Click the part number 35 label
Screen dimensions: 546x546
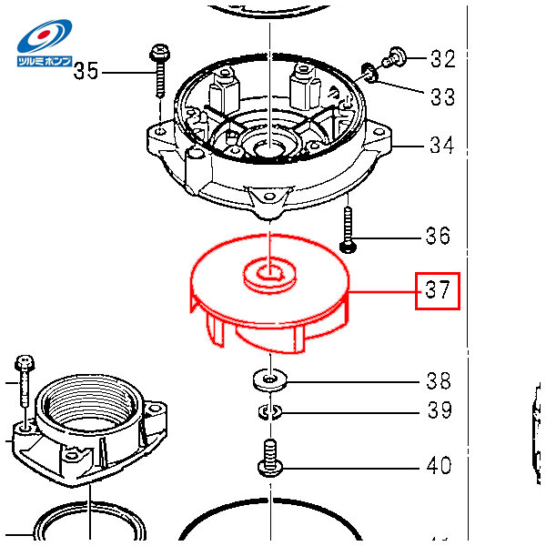[x=86, y=71]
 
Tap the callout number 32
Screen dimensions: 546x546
[x=442, y=58]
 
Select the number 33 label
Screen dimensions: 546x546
[x=442, y=96]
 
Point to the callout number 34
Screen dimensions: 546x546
[x=442, y=145]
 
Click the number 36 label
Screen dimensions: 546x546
[x=438, y=236]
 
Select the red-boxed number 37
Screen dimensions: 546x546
[x=438, y=290]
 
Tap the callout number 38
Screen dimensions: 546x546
[x=439, y=380]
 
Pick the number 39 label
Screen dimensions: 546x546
[x=440, y=409]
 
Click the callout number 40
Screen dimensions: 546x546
[x=440, y=465]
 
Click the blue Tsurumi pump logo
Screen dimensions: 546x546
[x=45, y=43]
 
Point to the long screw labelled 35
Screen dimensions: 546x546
[x=159, y=71]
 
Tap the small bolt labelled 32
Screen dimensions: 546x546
[x=393, y=57]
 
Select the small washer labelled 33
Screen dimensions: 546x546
[x=369, y=73]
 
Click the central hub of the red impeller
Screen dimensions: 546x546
[x=270, y=275]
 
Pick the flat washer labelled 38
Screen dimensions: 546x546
[x=270, y=379]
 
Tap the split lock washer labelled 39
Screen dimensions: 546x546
[x=270, y=411]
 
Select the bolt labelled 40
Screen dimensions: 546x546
[x=270, y=458]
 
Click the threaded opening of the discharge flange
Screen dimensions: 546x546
[x=86, y=404]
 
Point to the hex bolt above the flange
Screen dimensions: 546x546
[x=25, y=380]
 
